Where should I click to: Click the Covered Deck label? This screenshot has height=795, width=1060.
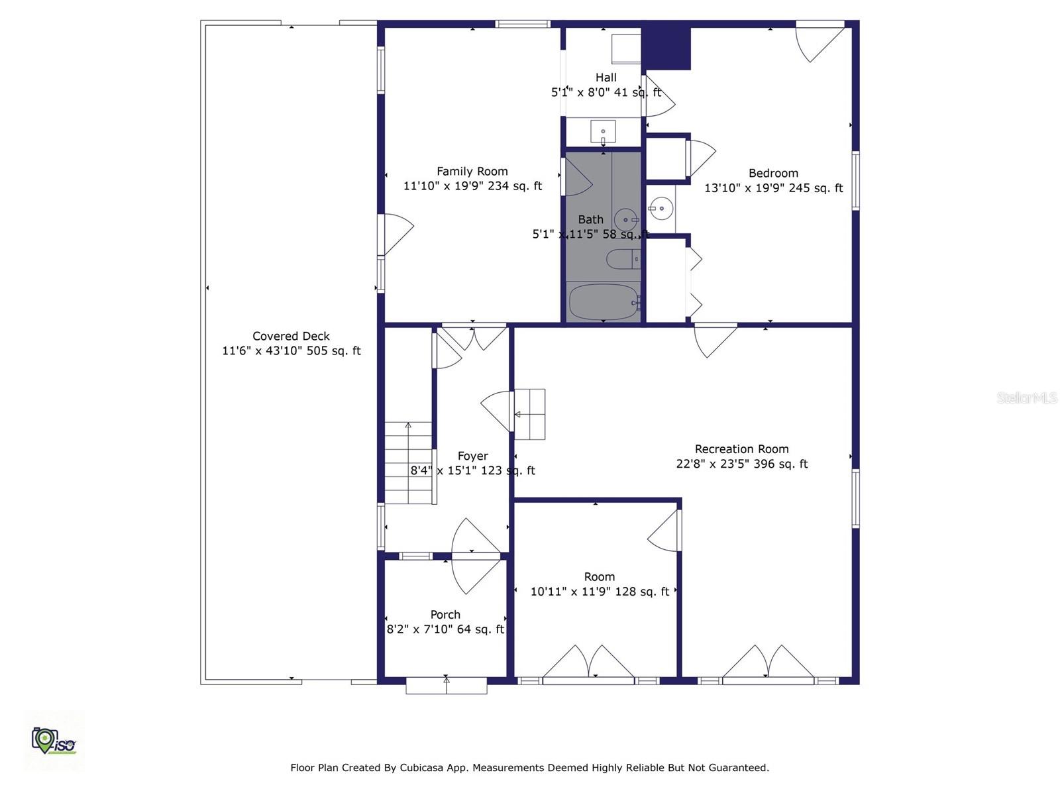[291, 336]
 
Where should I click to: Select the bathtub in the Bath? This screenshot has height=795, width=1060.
[603, 301]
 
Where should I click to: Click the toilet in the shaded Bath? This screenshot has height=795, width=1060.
[623, 259]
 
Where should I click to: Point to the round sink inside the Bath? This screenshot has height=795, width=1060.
[625, 219]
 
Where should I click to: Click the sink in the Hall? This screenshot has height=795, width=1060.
[603, 132]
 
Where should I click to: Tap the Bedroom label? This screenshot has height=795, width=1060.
[773, 173]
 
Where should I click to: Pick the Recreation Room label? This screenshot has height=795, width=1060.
[741, 449]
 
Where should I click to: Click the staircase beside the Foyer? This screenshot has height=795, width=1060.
[409, 463]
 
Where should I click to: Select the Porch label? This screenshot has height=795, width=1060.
[445, 615]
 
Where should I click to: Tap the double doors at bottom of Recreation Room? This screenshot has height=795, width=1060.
[768, 662]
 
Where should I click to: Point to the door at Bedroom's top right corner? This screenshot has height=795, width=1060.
[820, 42]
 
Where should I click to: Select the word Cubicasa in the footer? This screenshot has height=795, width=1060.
[422, 768]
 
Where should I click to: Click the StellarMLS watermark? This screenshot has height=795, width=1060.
[1026, 397]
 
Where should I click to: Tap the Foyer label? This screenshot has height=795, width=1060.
[472, 456]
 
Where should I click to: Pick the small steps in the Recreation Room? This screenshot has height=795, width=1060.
[530, 414]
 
